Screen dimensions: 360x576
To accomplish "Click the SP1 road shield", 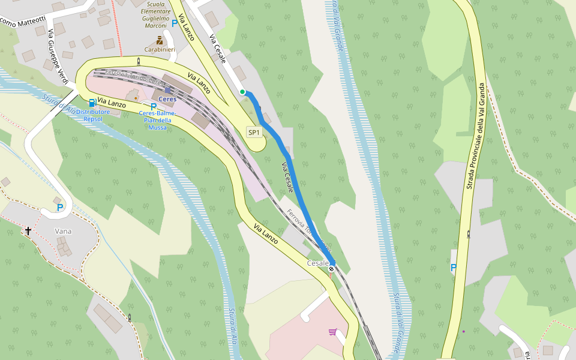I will (x=254, y=132).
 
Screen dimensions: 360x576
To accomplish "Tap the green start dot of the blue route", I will (x=242, y=92).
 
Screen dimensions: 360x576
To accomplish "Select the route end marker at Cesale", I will (x=331, y=269).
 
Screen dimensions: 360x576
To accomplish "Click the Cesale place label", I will (x=317, y=263).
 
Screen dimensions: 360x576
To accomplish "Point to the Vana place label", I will (x=63, y=231).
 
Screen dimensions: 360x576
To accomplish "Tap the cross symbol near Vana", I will (x=28, y=230).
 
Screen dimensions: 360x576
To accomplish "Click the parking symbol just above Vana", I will (x=59, y=208).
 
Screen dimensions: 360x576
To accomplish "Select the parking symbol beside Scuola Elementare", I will (x=175, y=23).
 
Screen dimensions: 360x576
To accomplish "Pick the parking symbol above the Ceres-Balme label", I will (x=154, y=106).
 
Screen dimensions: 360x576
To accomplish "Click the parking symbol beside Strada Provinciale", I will (x=453, y=268).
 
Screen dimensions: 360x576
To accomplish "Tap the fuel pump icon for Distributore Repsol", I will (x=92, y=103).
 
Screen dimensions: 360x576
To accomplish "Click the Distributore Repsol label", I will (x=93, y=115).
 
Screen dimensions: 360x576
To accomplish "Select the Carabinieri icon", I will (x=160, y=40).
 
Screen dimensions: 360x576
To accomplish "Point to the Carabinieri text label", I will (x=160, y=49).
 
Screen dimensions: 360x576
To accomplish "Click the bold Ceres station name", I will (x=167, y=99).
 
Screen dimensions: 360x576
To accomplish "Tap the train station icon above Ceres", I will (x=167, y=90).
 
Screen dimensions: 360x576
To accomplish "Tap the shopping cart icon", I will (x=332, y=331).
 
